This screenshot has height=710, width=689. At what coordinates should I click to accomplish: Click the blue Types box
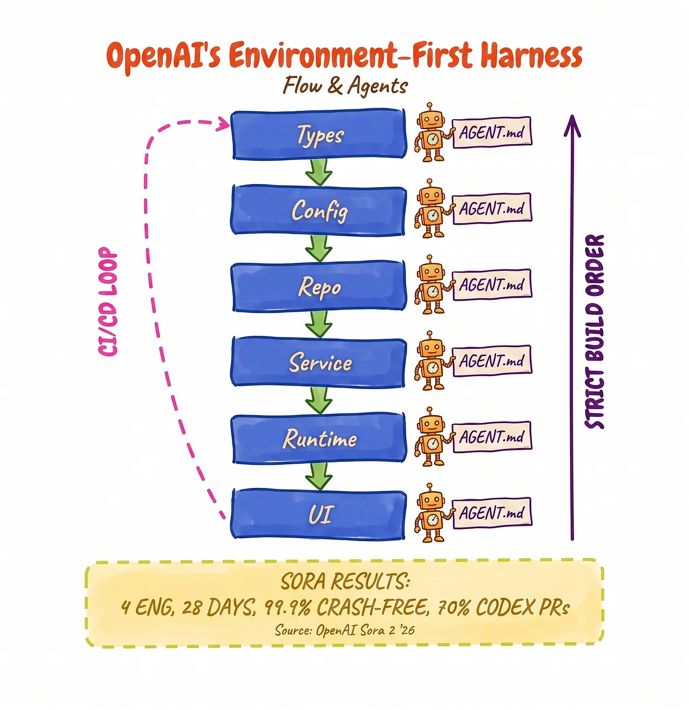tap(319, 134)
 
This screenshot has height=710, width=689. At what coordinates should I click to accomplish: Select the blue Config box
tap(319, 210)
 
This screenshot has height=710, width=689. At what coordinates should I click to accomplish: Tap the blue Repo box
tap(319, 287)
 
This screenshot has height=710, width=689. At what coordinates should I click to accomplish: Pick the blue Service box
tap(319, 362)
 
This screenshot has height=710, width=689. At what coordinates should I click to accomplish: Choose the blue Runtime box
tap(319, 439)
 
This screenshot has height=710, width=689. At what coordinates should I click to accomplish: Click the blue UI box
tap(319, 515)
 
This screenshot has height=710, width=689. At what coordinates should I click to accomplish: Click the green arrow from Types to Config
tap(319, 172)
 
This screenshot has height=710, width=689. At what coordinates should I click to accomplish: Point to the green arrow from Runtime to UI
tap(319, 477)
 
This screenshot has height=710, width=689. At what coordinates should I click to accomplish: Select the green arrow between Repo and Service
tap(319, 324)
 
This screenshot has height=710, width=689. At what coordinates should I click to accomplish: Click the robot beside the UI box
tap(431, 513)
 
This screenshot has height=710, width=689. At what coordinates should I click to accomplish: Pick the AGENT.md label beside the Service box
tap(492, 360)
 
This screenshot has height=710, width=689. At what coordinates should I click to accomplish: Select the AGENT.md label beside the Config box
tap(492, 208)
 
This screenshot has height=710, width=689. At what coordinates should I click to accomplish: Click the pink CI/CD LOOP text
tap(108, 301)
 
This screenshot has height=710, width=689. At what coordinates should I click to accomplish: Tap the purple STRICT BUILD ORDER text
tap(594, 332)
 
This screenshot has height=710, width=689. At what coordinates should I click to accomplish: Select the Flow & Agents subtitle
tap(345, 86)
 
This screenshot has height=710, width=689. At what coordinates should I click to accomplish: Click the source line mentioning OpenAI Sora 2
tap(344, 630)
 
